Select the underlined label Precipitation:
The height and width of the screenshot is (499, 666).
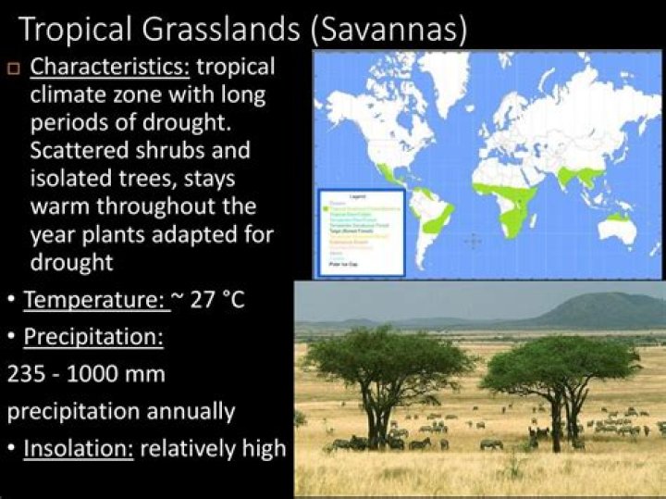(93, 337)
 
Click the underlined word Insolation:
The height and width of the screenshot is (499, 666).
(80, 448)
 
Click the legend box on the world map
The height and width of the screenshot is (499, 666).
(361, 232)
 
